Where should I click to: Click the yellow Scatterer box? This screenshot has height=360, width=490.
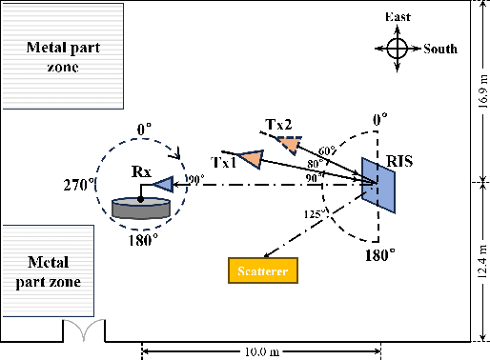tap(263, 271)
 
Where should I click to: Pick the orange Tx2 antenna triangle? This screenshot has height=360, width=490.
tap(288, 144)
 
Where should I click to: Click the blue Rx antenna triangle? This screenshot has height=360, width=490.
tap(163, 184)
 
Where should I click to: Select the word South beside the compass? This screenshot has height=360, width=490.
tap(440, 50)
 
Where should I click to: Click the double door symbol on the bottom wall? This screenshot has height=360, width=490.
tap(84, 330)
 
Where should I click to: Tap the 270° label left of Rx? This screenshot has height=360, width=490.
tap(79, 184)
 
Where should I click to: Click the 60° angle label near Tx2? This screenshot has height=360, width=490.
tap(328, 150)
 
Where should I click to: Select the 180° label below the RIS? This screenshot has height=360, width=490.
tap(380, 255)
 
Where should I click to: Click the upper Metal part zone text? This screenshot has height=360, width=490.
tap(63, 57)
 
